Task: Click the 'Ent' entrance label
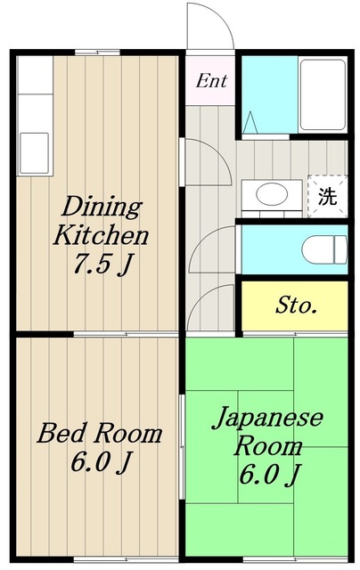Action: [x=211, y=81]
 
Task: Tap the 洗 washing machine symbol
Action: [x=327, y=197]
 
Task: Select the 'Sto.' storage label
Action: [x=296, y=305]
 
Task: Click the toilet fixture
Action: [x=324, y=249]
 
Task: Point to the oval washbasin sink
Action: [x=272, y=194]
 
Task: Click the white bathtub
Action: [x=323, y=94]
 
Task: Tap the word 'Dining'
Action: [x=102, y=207]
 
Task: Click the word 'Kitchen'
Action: [x=101, y=235]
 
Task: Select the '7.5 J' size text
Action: [x=102, y=265]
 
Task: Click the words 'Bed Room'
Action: [x=99, y=433]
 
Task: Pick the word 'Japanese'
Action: [x=267, y=418]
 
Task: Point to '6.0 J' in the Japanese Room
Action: [x=269, y=475]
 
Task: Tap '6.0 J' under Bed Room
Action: [x=100, y=461]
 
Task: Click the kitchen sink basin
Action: [x=34, y=153]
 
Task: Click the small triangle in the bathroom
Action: [x=250, y=123]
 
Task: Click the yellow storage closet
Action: [x=295, y=305]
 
